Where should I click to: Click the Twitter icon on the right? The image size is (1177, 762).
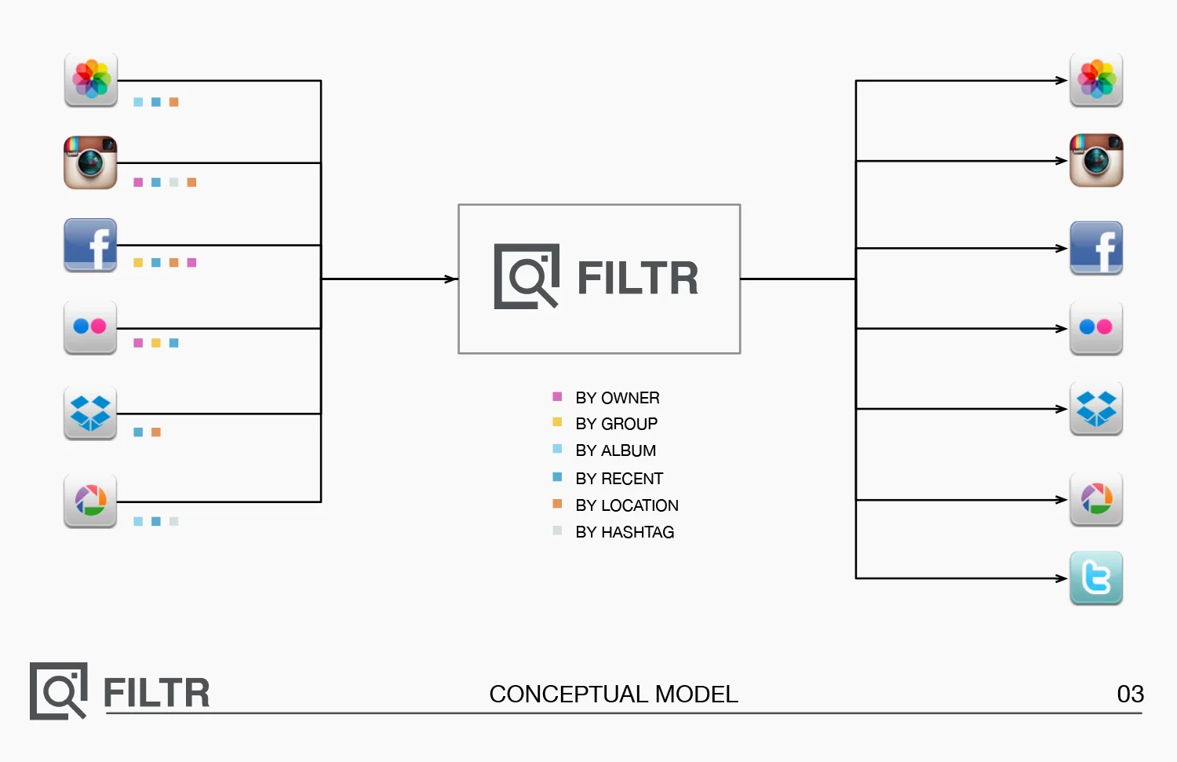(x=1096, y=578)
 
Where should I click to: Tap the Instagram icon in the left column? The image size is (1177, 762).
(x=90, y=162)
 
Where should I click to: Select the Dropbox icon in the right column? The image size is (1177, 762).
(x=1096, y=408)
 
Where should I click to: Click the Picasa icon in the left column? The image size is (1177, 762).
(x=90, y=501)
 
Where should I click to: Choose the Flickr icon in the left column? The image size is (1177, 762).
(x=90, y=326)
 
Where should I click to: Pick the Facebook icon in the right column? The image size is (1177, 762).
(x=1096, y=247)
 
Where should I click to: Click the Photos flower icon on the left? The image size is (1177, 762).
(x=91, y=79)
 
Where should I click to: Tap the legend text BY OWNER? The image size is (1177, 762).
(x=617, y=398)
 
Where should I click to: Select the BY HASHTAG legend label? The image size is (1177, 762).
(x=625, y=532)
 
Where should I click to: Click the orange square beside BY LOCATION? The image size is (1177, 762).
(x=557, y=504)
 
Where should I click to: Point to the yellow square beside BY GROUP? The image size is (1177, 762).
(x=557, y=422)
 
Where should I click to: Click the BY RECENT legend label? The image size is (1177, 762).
(x=619, y=479)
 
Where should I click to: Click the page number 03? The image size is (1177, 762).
(x=1130, y=694)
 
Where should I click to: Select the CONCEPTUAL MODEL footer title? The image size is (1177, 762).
(x=614, y=694)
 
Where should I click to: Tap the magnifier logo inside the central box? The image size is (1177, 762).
(x=527, y=276)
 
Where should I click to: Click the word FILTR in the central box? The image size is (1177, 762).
(x=637, y=279)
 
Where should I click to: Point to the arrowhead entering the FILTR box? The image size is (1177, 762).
(x=452, y=279)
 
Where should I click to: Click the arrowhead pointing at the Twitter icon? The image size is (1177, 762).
(x=1062, y=578)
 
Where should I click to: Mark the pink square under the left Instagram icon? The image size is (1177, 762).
(x=138, y=182)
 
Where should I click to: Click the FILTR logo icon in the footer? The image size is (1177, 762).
(x=58, y=691)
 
